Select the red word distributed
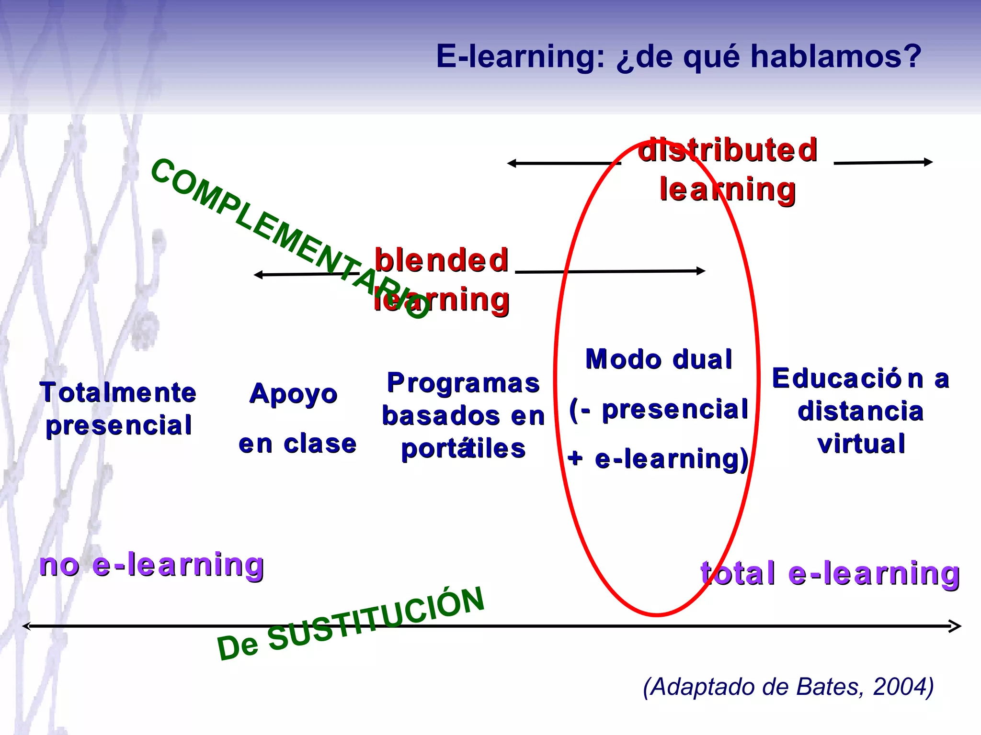pyautogui.click(x=728, y=150)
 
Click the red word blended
pyautogui.click(x=441, y=260)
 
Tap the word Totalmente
pyautogui.click(x=118, y=392)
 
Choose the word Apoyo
pyautogui.click(x=294, y=394)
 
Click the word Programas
pyautogui.click(x=463, y=383)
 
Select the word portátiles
pyautogui.click(x=463, y=449)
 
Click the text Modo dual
pyautogui.click(x=659, y=359)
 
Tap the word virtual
pyautogui.click(x=861, y=444)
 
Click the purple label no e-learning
pyautogui.click(x=152, y=565)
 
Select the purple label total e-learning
pyautogui.click(x=830, y=573)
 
